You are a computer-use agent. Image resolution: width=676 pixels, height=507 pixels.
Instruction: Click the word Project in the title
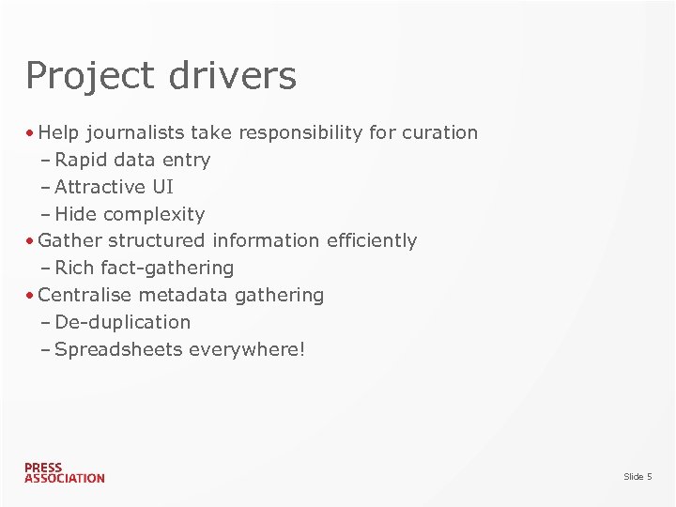pyautogui.click(x=90, y=76)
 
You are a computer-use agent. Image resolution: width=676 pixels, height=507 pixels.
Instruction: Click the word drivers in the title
pyautogui.click(x=231, y=75)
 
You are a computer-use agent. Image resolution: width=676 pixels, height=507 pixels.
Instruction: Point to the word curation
pyautogui.click(x=439, y=132)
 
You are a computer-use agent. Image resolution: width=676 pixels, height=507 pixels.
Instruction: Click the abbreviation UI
pyautogui.click(x=162, y=187)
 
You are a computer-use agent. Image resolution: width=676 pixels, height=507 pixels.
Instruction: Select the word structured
pyautogui.click(x=156, y=240)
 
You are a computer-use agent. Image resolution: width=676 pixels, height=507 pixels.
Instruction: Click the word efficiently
pyautogui.click(x=372, y=240)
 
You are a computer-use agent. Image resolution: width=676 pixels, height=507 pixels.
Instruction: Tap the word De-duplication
pyautogui.click(x=123, y=322)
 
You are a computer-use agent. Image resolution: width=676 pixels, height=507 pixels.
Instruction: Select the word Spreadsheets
pyautogui.click(x=119, y=349)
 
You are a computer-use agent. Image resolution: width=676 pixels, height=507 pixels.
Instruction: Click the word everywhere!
pyautogui.click(x=247, y=349)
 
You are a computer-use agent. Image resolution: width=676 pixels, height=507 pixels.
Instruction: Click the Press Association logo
pyautogui.click(x=64, y=472)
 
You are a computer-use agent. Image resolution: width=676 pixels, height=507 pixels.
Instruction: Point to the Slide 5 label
pyautogui.click(x=638, y=477)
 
